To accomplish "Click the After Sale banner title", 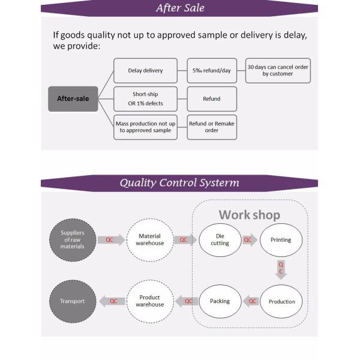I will point(180,8).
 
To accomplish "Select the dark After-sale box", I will point(73,98).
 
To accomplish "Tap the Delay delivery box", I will point(145,70).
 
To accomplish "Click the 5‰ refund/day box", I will point(212,70).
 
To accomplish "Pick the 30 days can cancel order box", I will point(278,70).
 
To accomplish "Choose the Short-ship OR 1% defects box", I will point(145,98).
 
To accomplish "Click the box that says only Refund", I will point(212,98).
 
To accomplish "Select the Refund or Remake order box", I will point(212,127).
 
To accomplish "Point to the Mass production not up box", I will point(145,127).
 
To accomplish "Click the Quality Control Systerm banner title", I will point(179,182).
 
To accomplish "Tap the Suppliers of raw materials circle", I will point(73,239).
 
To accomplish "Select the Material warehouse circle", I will point(150,239).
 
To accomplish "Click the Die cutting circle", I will point(220,239).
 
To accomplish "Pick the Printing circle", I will point(281,239).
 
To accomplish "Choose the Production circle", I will point(281,301).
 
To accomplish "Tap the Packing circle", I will point(220,301).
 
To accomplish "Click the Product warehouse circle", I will point(150,301).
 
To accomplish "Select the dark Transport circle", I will point(73,301).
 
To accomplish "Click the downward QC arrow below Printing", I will point(281,268).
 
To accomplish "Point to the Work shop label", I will point(249,214).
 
